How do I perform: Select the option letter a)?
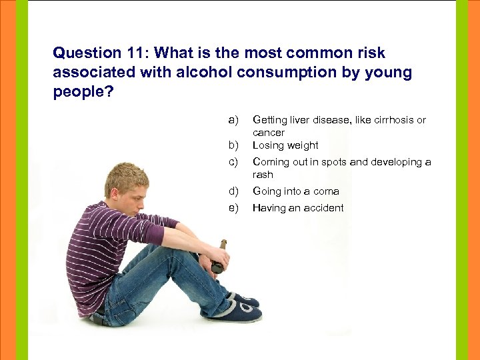(x=233, y=120)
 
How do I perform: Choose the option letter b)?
(x=233, y=145)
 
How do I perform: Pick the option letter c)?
(x=233, y=162)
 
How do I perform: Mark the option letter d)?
(x=233, y=191)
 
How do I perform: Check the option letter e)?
(x=233, y=208)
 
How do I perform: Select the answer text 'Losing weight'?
(x=285, y=145)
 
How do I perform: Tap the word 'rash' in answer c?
(x=263, y=175)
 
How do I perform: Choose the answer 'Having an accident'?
(x=297, y=208)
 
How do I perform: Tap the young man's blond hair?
(x=123, y=176)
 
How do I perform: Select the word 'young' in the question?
(x=387, y=72)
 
